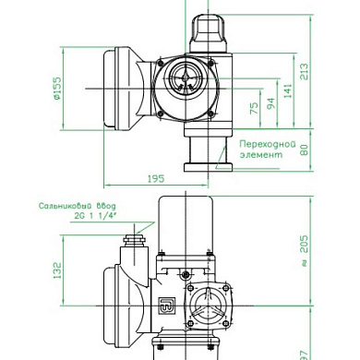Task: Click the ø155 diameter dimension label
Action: pyautogui.click(x=58, y=89)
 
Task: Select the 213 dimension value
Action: pyautogui.click(x=304, y=71)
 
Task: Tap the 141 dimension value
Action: pyautogui.click(x=288, y=90)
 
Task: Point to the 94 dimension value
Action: pyautogui.click(x=270, y=104)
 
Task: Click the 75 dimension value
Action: pyautogui.click(x=254, y=108)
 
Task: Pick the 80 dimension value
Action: pyautogui.click(x=304, y=150)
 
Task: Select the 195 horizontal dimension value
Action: pyautogui.click(x=156, y=179)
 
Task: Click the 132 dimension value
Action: pyautogui.click(x=57, y=270)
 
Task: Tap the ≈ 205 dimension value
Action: pyautogui.click(x=304, y=251)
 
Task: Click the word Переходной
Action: pyautogui.click(x=268, y=144)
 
